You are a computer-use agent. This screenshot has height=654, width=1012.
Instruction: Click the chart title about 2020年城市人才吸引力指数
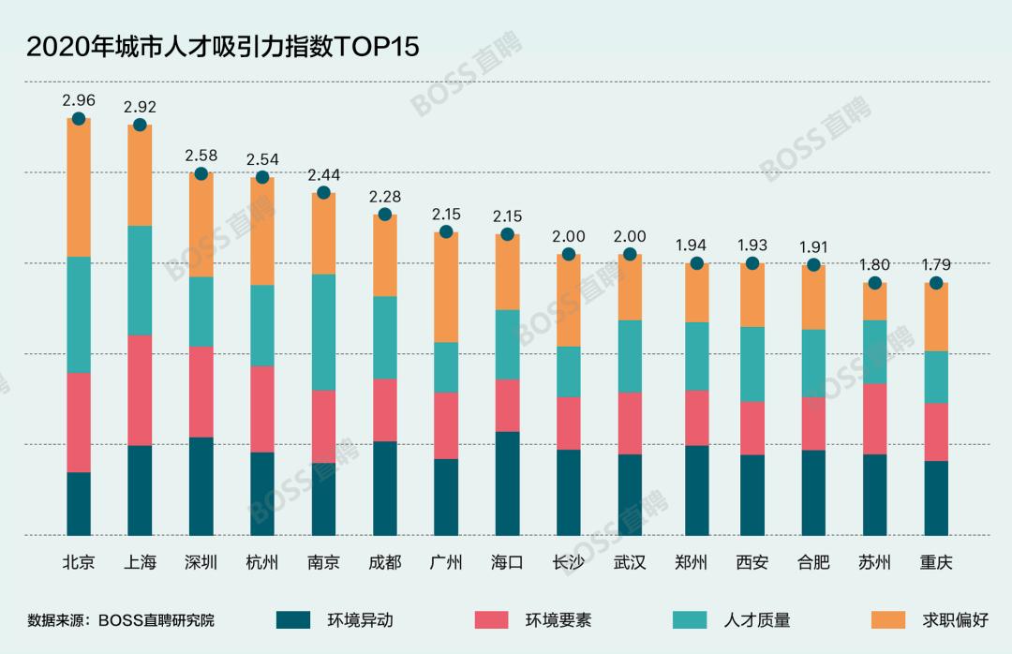click(x=222, y=48)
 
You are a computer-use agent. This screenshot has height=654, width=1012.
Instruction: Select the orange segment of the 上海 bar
click(x=140, y=175)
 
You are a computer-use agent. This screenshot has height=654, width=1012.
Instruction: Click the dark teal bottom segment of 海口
click(x=507, y=483)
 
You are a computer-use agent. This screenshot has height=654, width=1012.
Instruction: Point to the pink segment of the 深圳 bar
click(x=201, y=392)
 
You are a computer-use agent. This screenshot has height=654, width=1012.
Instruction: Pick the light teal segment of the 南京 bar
click(x=323, y=332)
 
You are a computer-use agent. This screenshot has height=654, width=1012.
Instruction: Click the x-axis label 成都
click(x=384, y=563)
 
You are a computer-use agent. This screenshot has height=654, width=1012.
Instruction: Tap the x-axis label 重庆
click(x=935, y=563)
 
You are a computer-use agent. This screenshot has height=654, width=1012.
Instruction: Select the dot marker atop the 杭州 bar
click(x=262, y=177)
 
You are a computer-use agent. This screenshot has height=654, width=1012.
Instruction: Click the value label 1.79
click(x=935, y=264)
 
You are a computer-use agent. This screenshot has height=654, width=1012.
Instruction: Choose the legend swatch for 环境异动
click(x=293, y=619)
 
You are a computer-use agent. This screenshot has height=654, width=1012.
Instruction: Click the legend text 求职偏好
click(x=955, y=619)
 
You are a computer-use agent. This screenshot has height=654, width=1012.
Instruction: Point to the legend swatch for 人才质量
click(x=692, y=619)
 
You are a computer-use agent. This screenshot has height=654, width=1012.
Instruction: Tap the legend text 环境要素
click(x=558, y=619)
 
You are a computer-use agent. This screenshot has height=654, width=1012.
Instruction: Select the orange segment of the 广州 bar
click(x=446, y=288)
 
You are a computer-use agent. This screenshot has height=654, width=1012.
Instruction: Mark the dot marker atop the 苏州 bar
click(x=874, y=283)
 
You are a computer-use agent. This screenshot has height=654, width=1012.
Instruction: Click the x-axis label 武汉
click(x=630, y=563)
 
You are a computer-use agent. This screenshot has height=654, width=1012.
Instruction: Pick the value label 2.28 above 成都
click(x=384, y=196)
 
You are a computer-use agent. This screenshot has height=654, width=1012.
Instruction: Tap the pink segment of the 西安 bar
click(x=752, y=428)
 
